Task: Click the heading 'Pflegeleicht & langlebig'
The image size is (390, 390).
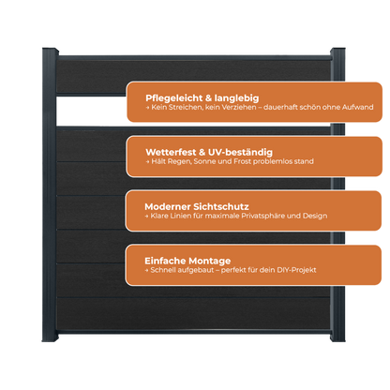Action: tap(202, 98)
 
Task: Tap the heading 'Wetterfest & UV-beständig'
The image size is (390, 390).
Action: tap(209, 152)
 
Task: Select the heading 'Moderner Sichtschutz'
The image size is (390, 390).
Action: tap(197, 206)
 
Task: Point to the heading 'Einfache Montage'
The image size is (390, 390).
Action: tap(187, 261)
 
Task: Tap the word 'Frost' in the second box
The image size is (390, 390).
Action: tap(243, 161)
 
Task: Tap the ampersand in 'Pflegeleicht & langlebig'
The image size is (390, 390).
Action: tap(208, 98)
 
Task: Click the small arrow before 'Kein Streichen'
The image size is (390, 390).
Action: tap(147, 108)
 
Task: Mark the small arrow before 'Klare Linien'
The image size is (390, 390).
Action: tap(146, 216)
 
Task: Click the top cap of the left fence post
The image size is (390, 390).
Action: tap(50, 50)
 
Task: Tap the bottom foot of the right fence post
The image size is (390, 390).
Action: tap(337, 337)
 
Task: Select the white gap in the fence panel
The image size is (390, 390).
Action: tap(91, 111)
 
